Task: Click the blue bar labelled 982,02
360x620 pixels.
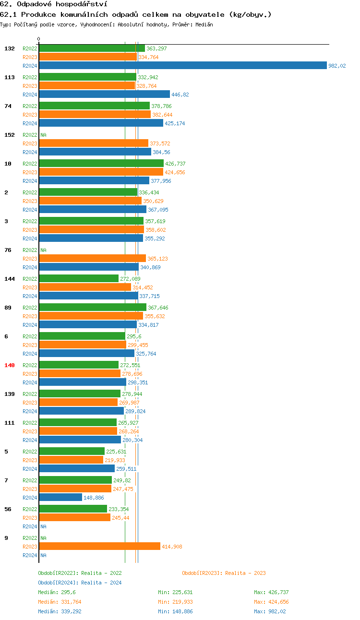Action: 182,66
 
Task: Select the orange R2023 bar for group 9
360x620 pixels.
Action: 99,547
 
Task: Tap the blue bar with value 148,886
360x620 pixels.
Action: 60,498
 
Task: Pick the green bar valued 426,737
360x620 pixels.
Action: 101,164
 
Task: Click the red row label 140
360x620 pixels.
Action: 10,365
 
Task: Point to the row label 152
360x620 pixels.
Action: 10,135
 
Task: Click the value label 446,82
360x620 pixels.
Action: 180,95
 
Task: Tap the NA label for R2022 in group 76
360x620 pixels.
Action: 43,250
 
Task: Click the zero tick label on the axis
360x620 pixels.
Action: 39,39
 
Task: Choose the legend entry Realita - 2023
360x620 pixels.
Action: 224,573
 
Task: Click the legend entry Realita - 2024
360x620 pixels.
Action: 80,583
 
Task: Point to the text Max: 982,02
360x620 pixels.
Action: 271,611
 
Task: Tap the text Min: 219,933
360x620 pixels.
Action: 175,602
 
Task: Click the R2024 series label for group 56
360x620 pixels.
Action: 30,526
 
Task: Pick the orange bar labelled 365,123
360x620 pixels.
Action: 92,259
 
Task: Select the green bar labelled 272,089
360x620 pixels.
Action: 79,279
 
